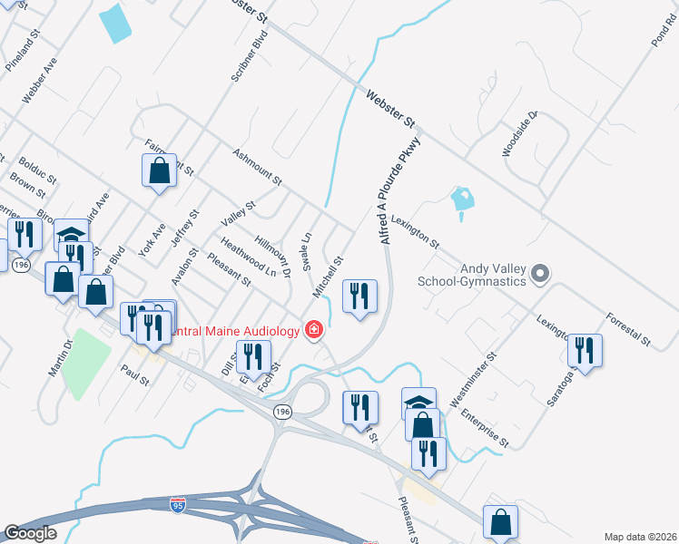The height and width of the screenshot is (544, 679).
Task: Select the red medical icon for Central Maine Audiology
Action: click(314, 329)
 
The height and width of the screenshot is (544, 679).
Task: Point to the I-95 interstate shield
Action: click(179, 502)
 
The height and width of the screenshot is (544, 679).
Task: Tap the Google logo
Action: click(30, 533)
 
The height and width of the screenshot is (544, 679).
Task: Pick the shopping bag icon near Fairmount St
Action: click(159, 170)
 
